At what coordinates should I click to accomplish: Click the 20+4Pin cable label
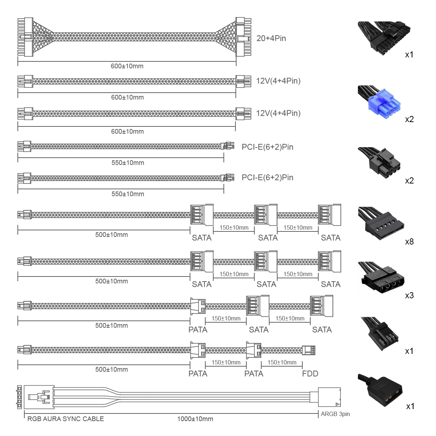(x=271, y=39)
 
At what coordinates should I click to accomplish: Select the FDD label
(x=310, y=374)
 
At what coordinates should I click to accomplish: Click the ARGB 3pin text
(x=335, y=414)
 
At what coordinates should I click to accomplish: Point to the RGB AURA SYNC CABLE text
(x=65, y=419)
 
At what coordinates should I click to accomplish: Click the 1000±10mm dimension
(x=195, y=419)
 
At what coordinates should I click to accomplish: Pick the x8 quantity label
(x=409, y=242)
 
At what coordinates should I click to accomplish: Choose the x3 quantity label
(x=409, y=295)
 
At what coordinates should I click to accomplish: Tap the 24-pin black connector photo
(x=384, y=39)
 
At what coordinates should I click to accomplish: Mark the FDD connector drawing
(x=308, y=350)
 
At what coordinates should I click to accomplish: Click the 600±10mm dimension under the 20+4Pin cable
(x=127, y=66)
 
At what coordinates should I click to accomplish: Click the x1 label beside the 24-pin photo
(x=409, y=54)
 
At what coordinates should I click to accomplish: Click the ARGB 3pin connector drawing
(x=329, y=397)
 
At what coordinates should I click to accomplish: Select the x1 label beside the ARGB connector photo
(x=410, y=406)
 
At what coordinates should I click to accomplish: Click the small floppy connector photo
(x=380, y=334)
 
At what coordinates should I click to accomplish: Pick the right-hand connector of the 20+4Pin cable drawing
(x=243, y=37)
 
